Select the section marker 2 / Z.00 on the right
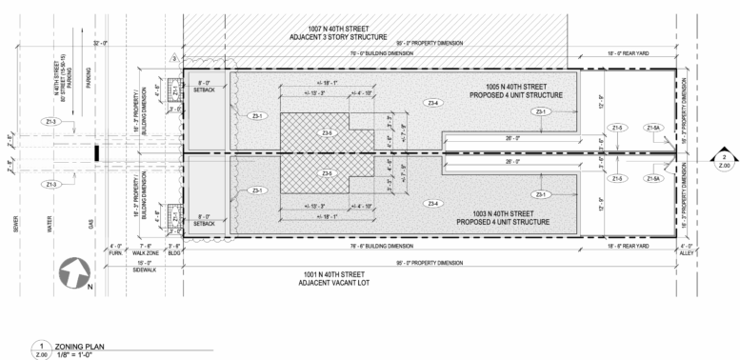click(x=724, y=159)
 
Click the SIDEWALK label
click(x=145, y=270)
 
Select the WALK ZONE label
click(x=145, y=252)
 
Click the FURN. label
click(x=116, y=252)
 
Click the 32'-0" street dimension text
click(x=102, y=45)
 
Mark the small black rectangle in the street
click(x=95, y=152)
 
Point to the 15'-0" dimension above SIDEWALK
click(x=145, y=261)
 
